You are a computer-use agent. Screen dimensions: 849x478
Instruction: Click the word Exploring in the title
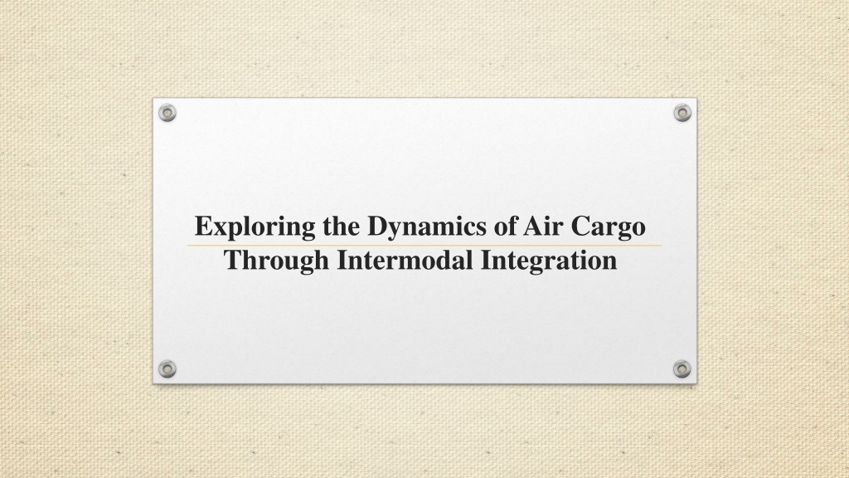[255, 227]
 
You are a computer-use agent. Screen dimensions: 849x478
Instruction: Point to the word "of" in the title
[505, 226]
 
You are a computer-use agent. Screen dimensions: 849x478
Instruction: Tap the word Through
[277, 261]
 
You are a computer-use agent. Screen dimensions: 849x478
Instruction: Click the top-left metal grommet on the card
[167, 113]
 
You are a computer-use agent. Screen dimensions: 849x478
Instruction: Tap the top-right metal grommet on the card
[682, 113]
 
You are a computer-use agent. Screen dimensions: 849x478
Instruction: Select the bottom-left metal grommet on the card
[167, 369]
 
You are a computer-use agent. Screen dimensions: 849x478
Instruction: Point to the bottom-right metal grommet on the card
[682, 369]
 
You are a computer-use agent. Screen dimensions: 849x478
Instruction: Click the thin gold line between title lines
[425, 246]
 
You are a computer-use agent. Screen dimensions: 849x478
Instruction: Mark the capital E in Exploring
[204, 226]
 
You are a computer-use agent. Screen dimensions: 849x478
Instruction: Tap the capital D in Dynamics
[378, 226]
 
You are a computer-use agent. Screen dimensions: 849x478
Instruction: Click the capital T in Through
[235, 260]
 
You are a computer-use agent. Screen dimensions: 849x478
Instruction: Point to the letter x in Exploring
[220, 229]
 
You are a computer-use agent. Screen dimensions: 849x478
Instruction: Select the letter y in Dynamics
[395, 232]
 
